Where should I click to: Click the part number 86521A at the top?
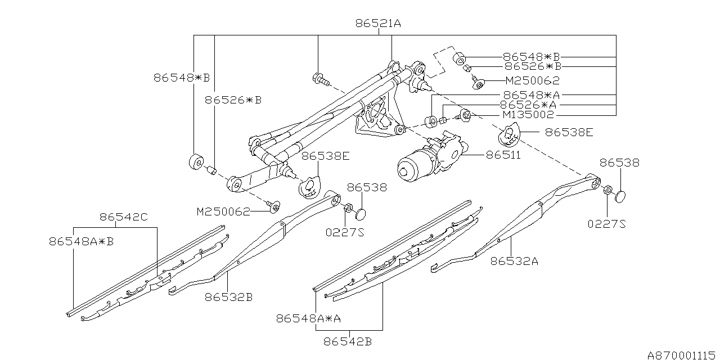click(377, 24)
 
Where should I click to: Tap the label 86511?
click(503, 154)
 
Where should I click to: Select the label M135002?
click(528, 115)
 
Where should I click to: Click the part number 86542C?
click(124, 216)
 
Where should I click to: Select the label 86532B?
click(228, 296)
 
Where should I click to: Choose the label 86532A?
click(514, 260)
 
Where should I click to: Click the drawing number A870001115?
click(682, 354)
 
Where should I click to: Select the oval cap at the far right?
click(620, 196)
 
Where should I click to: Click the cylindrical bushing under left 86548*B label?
click(196, 162)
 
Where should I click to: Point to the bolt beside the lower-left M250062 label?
click(274, 206)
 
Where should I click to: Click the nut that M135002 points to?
click(466, 116)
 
